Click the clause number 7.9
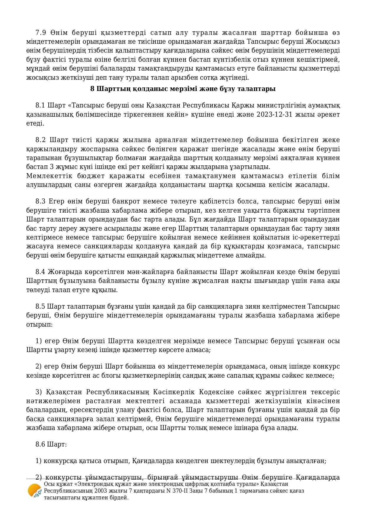40,32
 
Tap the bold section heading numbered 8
183,89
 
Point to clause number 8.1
40,105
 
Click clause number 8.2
40,140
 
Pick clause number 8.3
40,201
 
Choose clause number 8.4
40,272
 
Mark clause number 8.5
40,306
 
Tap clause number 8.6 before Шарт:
40,444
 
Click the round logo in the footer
35,491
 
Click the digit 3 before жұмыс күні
43,167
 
